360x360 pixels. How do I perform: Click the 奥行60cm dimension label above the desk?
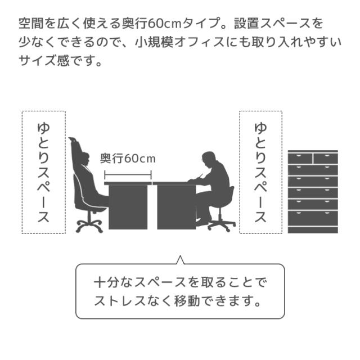coord(128,159)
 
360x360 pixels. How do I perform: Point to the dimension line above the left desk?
coord(128,175)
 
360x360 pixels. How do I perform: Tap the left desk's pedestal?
coord(128,207)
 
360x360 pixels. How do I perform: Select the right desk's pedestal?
coord(177,207)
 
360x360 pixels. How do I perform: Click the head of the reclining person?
coord(84,159)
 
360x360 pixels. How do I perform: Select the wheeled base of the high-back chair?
coord(89,226)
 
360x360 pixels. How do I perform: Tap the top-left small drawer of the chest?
coord(300,159)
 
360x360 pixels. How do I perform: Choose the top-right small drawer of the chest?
coord(326,159)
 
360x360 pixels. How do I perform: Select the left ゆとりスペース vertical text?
coord(43,173)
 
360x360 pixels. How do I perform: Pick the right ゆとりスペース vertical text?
coord(260,173)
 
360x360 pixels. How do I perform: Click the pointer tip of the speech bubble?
coord(181,256)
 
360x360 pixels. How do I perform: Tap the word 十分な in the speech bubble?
coord(114,282)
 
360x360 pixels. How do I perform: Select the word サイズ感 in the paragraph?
coord(44,61)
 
